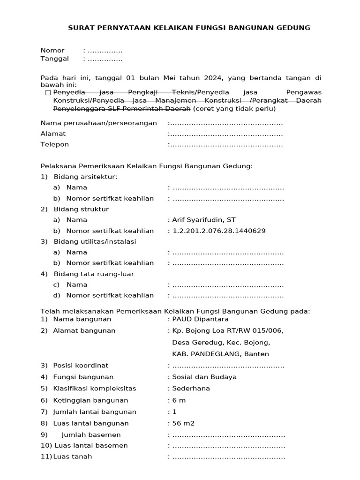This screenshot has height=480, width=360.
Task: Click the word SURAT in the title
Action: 80,28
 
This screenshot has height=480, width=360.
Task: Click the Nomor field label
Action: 52,51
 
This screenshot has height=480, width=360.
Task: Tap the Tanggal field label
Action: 54,59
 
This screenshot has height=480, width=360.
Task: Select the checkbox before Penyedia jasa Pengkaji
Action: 48,93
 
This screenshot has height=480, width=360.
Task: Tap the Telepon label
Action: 54,144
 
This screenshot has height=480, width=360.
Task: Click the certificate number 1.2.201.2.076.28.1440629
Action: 219,231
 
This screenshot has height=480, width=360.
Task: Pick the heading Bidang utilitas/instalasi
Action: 95,241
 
